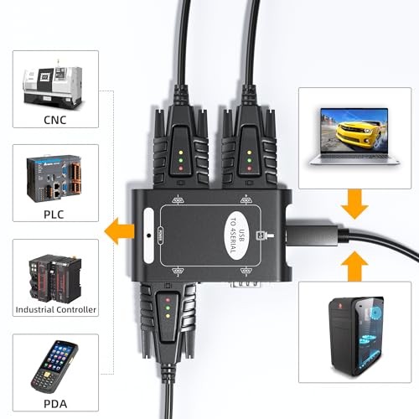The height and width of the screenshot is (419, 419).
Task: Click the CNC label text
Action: coord(55,120)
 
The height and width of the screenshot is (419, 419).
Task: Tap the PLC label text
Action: coord(54,215)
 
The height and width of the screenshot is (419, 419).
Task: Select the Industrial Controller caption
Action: coord(56,309)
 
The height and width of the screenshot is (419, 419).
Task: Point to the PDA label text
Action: coord(55,404)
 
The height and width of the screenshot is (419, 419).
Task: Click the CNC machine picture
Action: coord(53,85)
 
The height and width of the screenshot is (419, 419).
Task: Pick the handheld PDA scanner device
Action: coord(54,367)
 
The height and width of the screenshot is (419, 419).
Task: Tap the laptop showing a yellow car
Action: coord(354,137)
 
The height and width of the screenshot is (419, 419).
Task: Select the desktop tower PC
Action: coord(356,336)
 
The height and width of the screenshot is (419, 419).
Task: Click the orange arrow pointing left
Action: coord(120,231)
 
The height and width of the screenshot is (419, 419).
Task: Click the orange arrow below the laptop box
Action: coord(354,204)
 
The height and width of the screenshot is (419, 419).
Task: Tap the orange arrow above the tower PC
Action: coord(354,266)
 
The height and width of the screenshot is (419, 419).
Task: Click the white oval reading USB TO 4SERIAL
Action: coord(237,236)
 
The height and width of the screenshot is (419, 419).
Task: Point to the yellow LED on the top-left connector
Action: coord(181,153)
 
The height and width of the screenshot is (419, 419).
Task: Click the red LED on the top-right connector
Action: coord(250,168)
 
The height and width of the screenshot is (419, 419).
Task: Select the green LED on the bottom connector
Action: coord(168,308)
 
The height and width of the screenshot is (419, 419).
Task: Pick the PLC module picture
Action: coord(54,178)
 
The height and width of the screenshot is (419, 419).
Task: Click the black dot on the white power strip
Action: coord(149,235)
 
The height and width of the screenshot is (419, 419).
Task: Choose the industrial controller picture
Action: coord(55,278)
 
